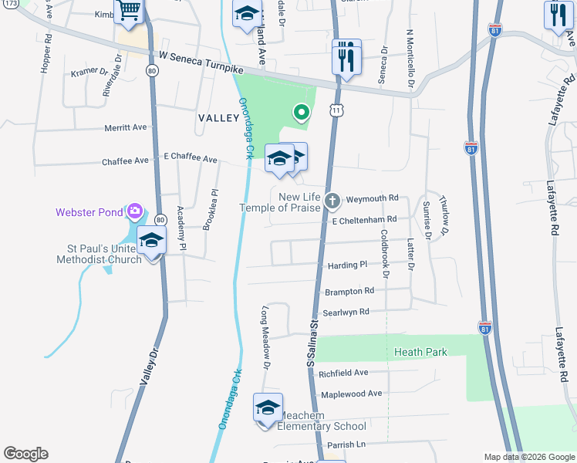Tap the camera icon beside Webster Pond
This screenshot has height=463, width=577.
[135, 211]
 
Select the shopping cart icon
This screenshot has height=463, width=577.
[129, 11]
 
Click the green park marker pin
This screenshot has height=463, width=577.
[302, 113]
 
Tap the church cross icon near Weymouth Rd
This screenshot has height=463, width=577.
[332, 201]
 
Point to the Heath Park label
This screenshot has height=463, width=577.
[420, 352]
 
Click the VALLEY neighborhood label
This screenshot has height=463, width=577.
[219, 117]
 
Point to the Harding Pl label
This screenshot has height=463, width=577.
[348, 265]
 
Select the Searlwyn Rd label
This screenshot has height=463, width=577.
[346, 312]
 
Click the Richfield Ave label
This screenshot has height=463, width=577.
[343, 373]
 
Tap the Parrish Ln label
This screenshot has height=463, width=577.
[345, 444]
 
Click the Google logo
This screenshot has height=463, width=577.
[25, 454]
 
